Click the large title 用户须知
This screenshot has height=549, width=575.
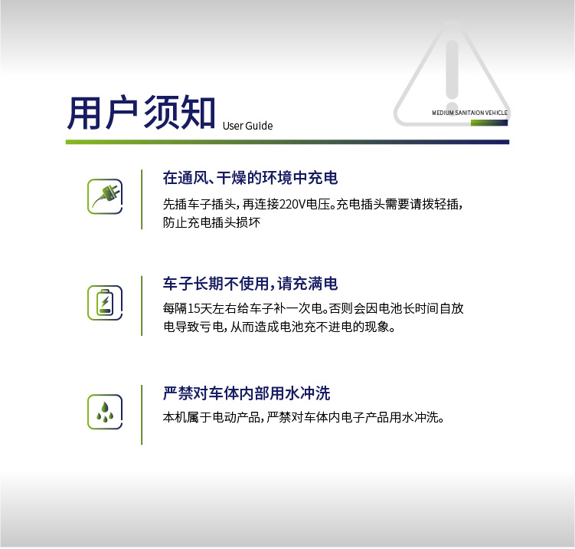[x=141, y=113]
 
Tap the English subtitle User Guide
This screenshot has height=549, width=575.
[x=247, y=126]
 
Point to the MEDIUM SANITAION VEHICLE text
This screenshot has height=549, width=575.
[x=470, y=113]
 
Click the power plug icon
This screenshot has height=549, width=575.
[x=105, y=196]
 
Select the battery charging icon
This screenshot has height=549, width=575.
[x=105, y=303]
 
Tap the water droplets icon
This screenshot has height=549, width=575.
[x=105, y=412]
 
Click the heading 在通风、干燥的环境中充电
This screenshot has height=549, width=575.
[x=250, y=178]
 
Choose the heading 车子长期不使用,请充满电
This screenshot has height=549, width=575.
[x=250, y=284]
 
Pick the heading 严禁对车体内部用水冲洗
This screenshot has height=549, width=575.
[x=247, y=393]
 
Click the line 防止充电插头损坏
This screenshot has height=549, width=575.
[x=211, y=222]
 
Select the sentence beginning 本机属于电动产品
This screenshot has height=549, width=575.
[x=303, y=418]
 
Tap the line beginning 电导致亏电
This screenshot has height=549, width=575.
[x=279, y=327]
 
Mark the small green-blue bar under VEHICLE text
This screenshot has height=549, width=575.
[x=489, y=123]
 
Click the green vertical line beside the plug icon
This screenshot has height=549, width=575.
[x=142, y=199]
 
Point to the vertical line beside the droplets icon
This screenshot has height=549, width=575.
[x=142, y=415]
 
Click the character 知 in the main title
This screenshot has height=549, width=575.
[x=198, y=113]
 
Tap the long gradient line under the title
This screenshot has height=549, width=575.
[x=288, y=142]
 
